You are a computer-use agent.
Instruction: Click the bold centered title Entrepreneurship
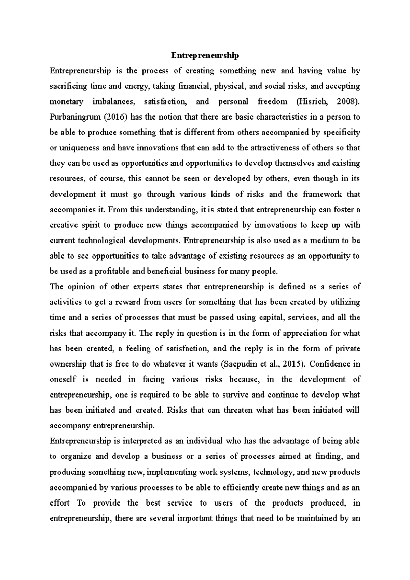pos(205,55)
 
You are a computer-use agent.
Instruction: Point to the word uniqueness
pos(79,148)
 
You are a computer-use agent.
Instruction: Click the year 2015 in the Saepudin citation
pos(293,364)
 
